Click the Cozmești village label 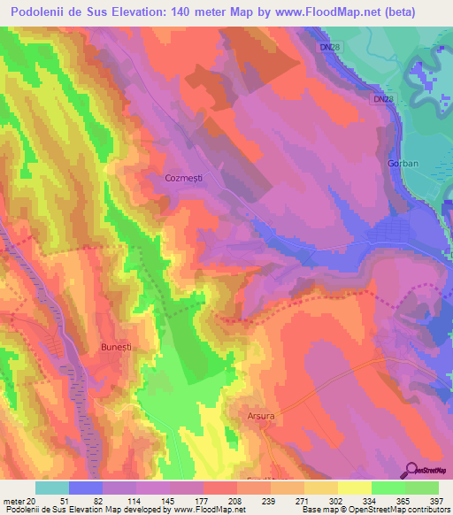point(184,178)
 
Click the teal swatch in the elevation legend point(52,488)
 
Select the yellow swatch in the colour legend point(354,488)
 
